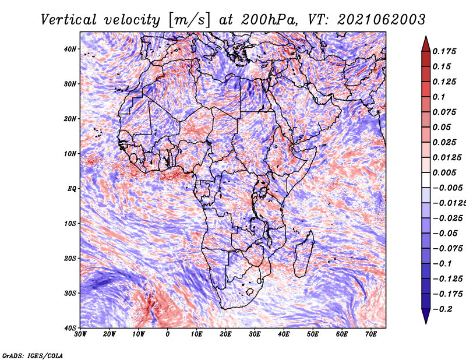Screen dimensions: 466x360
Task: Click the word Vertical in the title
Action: point(69,20)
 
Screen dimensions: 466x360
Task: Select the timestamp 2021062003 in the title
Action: point(382,20)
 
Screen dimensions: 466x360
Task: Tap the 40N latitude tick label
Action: point(70,49)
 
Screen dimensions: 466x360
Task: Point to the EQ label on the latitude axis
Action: point(72,189)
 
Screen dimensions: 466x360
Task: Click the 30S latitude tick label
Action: point(70,293)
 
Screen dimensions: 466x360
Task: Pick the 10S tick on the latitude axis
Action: point(70,223)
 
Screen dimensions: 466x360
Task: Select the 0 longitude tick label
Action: point(168,334)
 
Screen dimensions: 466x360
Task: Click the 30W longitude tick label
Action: point(80,334)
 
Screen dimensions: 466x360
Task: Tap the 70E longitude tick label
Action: point(371,334)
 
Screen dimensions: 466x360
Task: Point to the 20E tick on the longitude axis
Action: point(225,334)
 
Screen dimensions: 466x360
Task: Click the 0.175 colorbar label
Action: point(444,51)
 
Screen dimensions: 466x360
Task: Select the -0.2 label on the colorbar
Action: point(443,309)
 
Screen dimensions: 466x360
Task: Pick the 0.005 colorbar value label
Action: point(444,172)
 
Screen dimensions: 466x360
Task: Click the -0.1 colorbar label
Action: point(443,264)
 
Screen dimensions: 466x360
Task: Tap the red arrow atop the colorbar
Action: point(426,44)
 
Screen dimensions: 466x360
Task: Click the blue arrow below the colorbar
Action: point(426,316)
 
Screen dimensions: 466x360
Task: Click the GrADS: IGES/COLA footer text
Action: point(33,355)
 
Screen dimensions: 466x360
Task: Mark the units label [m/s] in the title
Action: point(190,20)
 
